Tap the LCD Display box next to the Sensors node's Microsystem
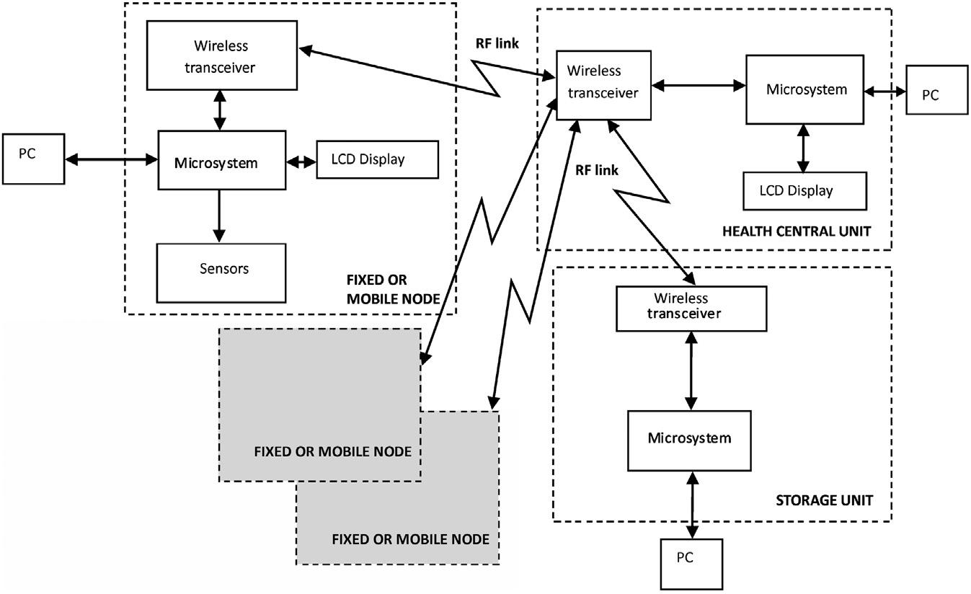click(x=377, y=160)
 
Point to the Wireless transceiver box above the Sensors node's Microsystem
click(x=221, y=56)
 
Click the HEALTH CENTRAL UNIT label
click(x=796, y=231)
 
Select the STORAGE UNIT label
click(x=824, y=500)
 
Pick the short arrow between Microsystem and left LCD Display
click(x=301, y=163)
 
